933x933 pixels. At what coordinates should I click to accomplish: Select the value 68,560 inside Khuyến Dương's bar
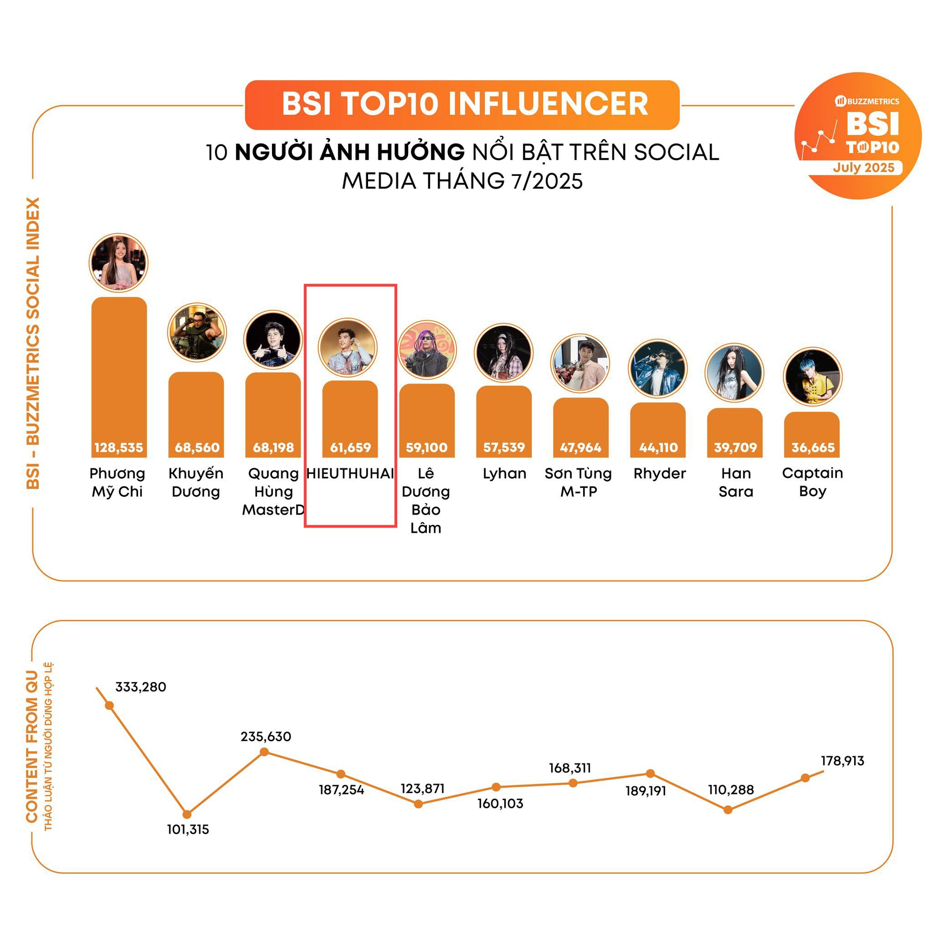196,448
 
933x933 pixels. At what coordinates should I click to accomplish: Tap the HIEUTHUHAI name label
350,473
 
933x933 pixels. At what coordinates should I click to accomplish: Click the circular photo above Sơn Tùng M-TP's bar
580,363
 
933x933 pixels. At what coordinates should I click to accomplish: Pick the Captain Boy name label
812,482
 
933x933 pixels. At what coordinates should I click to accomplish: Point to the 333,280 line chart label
140,687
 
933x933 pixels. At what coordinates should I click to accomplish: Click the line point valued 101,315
188,814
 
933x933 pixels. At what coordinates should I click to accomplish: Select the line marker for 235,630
264,752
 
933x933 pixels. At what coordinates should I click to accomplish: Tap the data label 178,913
842,761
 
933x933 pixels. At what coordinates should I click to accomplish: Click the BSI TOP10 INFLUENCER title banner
462,105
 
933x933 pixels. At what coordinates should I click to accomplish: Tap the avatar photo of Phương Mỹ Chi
119,263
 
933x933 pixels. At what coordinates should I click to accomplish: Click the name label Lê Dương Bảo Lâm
426,500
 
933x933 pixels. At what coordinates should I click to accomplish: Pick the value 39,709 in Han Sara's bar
735,448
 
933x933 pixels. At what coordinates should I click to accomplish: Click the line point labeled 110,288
728,810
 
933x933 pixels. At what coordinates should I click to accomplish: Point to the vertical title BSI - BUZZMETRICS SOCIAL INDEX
33,343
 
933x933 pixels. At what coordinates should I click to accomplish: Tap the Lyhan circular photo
503,353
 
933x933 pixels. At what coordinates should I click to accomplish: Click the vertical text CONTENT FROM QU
32,746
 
